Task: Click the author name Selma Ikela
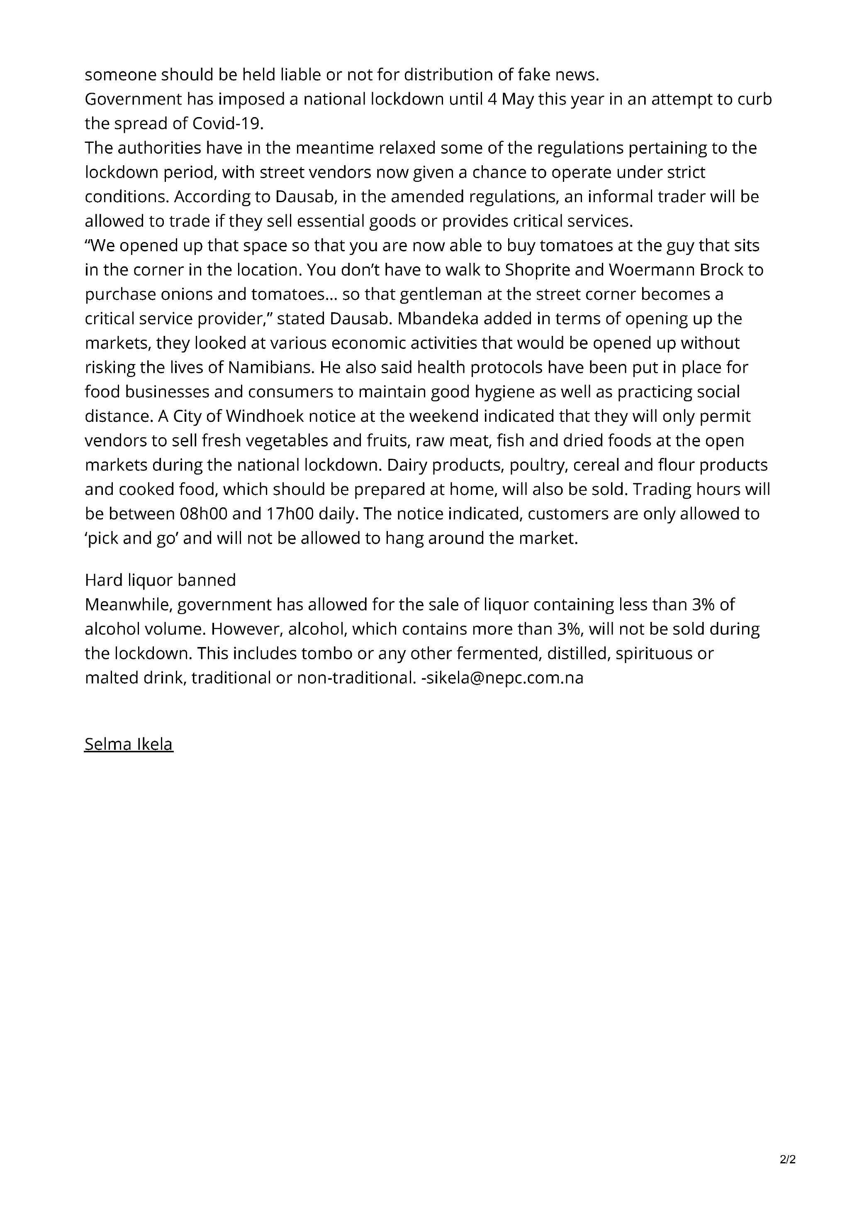(x=129, y=744)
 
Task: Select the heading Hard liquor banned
(x=160, y=580)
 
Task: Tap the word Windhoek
(x=265, y=416)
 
